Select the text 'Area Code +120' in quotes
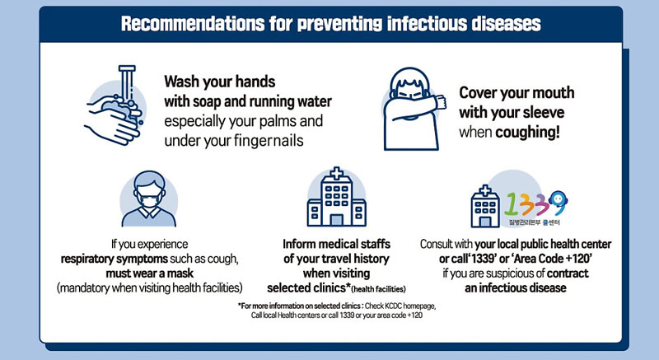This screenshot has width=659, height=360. (x=568, y=259)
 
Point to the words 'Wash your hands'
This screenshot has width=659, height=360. (x=220, y=82)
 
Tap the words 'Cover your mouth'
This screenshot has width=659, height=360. (x=516, y=92)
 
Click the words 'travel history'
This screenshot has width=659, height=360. (x=353, y=259)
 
